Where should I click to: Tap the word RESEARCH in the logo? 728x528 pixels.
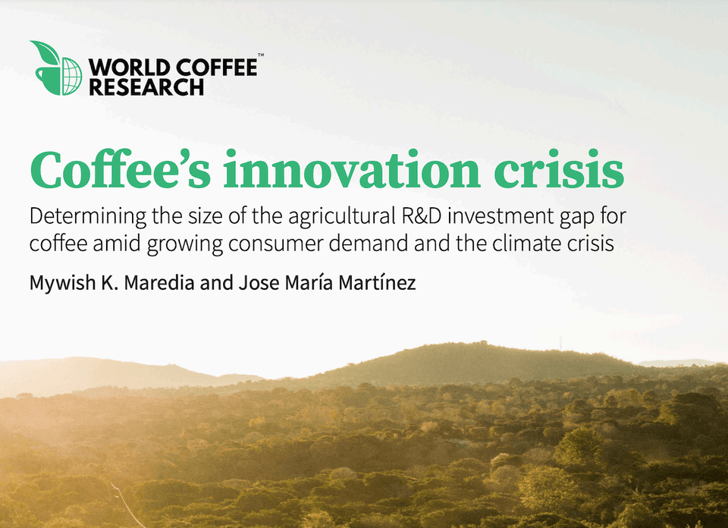point(146,87)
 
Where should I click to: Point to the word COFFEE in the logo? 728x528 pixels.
point(216,68)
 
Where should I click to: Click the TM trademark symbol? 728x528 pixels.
point(261,55)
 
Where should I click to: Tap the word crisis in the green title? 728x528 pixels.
point(559,169)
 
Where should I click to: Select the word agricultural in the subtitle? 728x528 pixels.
point(343,217)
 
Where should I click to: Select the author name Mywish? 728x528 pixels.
point(63,283)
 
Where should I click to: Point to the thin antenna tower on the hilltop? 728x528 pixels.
point(561,344)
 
